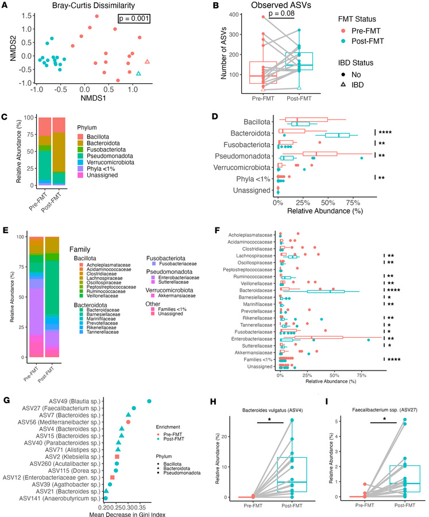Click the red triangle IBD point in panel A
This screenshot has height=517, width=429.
pyautogui.click(x=148, y=61)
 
